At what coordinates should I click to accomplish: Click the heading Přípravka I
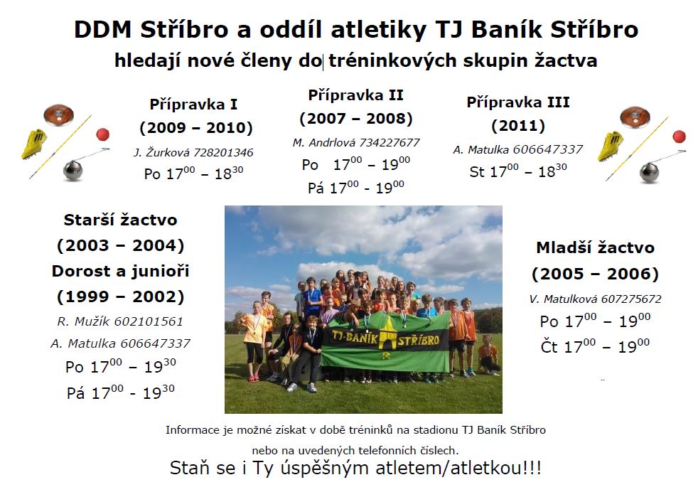point(193,105)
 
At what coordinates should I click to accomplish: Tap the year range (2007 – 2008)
point(356,119)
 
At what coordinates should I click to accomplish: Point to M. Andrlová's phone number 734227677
point(390,142)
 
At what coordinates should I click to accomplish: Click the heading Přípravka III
point(518,102)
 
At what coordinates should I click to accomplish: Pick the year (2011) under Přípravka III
point(518,126)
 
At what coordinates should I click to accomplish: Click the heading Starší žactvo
point(121,220)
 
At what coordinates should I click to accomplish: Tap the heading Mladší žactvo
point(596,248)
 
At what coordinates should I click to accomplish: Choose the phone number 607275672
point(631,299)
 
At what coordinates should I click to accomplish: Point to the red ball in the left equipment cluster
point(103,134)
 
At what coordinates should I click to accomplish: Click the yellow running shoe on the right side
point(611,146)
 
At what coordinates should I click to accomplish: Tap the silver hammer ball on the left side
point(73,170)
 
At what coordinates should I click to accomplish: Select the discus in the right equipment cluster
point(635,117)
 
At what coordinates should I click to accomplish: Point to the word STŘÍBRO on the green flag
point(419,341)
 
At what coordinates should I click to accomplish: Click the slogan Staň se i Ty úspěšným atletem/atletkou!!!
point(355,469)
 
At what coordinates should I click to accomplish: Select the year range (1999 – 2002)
point(121,297)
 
